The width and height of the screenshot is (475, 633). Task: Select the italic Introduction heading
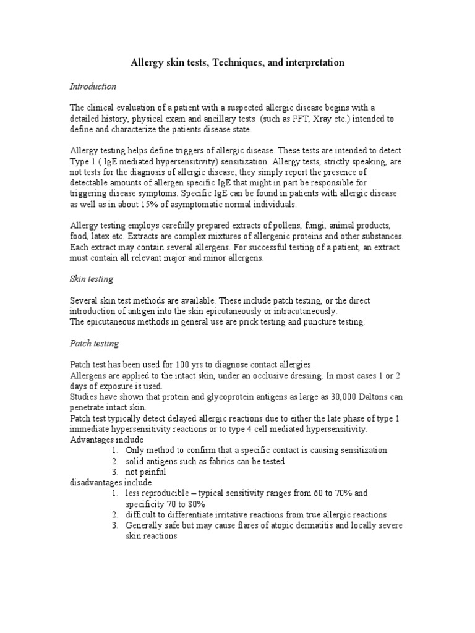click(92, 87)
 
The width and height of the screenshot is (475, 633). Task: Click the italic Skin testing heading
click(91, 279)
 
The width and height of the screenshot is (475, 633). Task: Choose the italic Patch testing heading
click(94, 343)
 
